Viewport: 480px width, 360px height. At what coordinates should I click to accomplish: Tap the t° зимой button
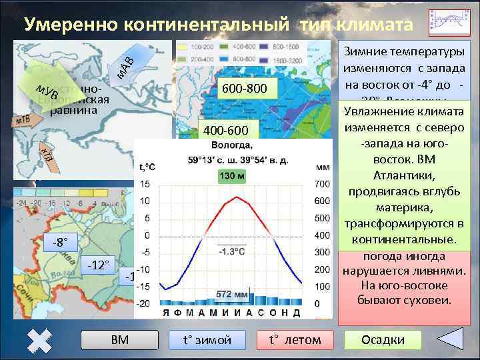point(207,340)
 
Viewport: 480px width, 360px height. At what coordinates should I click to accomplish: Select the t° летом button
point(295,340)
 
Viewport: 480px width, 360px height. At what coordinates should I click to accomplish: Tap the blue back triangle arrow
point(446,339)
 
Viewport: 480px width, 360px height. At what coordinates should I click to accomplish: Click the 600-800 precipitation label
point(245,89)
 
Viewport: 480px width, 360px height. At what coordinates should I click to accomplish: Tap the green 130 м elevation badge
point(231,175)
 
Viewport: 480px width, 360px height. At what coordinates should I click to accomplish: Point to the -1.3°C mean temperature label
point(229,251)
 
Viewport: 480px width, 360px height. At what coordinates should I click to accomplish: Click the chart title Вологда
point(231,145)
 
